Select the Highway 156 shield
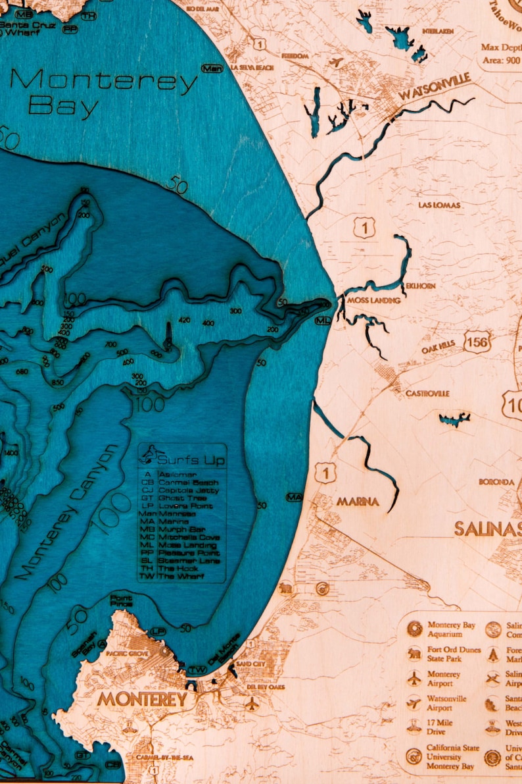pyautogui.click(x=477, y=340)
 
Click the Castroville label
pyautogui.click(x=427, y=393)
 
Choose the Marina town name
pyautogui.click(x=358, y=502)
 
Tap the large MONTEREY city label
pyautogui.click(x=142, y=698)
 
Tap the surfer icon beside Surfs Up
pyautogui.click(x=151, y=454)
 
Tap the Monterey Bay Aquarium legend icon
pyautogui.click(x=415, y=629)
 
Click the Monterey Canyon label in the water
pyautogui.click(x=67, y=512)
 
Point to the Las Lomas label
pyautogui.click(x=439, y=205)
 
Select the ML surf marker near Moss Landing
pyautogui.click(x=322, y=321)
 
